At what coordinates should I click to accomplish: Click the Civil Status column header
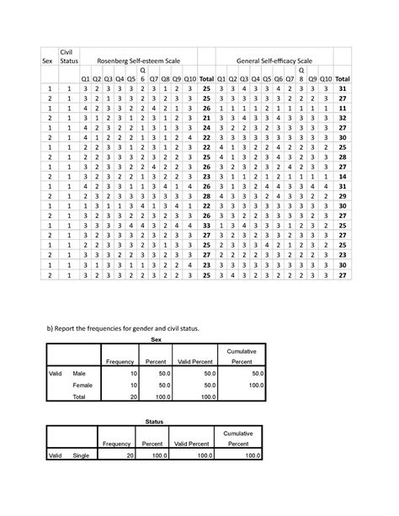[67, 56]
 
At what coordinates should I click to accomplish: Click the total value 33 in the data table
[207, 226]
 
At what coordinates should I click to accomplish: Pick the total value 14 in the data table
[341, 178]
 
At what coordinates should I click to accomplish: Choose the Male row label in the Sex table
[80, 372]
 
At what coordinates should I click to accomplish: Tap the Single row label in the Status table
[82, 455]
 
